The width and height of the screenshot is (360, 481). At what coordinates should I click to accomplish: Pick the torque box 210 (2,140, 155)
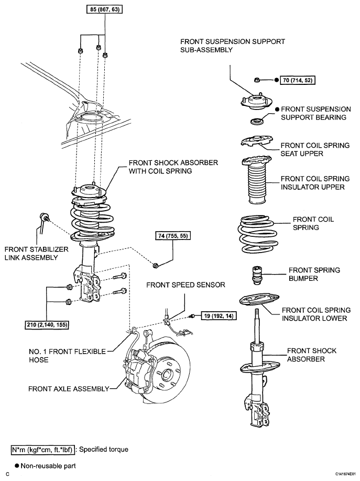click(x=47, y=324)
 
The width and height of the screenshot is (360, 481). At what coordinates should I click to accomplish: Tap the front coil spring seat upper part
click(x=257, y=141)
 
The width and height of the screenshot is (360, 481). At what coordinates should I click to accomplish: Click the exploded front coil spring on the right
click(x=256, y=234)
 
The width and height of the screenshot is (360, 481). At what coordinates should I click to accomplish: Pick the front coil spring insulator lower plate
click(x=259, y=299)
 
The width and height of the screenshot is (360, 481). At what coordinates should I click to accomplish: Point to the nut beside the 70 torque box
click(x=257, y=80)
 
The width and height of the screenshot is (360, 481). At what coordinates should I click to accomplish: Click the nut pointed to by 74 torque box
click(x=156, y=265)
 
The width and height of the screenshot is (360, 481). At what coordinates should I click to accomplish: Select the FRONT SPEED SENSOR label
click(x=186, y=285)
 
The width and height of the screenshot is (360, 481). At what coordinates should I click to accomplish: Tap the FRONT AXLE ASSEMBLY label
click(x=69, y=389)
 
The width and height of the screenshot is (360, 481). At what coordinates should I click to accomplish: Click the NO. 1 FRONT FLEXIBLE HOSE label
click(x=67, y=356)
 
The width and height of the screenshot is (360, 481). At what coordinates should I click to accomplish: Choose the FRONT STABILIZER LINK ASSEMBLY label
click(x=37, y=254)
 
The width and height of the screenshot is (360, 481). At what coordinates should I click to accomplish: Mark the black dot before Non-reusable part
click(x=17, y=466)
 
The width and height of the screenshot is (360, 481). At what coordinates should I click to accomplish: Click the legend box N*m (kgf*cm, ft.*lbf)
click(x=42, y=450)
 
